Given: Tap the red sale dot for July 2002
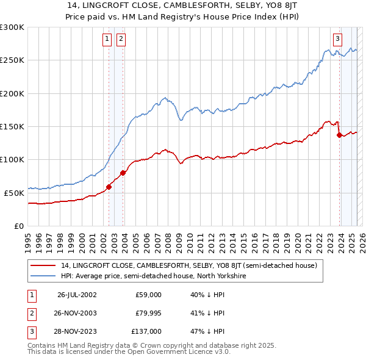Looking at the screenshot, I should [x=109, y=187].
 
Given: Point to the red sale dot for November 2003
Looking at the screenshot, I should [x=123, y=173].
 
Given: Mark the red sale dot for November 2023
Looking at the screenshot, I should [x=339, y=135].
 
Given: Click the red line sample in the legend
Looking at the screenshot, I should [x=43, y=266].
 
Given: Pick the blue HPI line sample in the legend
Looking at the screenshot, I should [x=43, y=276].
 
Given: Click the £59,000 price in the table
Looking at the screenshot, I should [x=149, y=295].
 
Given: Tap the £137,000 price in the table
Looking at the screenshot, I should [x=147, y=331].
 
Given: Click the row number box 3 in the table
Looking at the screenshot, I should [x=32, y=331].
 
